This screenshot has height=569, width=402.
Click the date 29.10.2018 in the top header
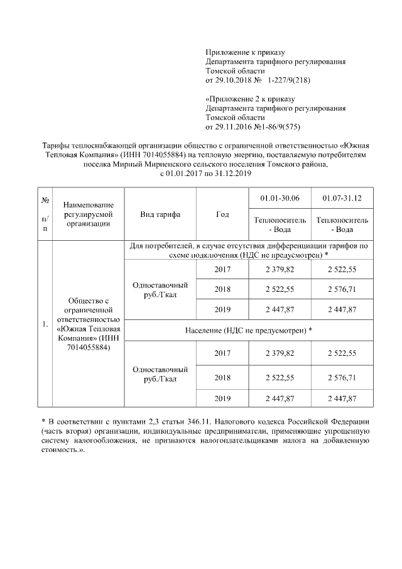tap(234, 81)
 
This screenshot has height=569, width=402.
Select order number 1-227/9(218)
tap(289, 81)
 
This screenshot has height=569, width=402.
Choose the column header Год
tap(222, 214)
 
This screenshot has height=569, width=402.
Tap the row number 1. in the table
tap(45, 324)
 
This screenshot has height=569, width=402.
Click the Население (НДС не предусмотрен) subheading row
tap(249, 330)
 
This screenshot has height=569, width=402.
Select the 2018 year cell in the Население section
tap(222, 378)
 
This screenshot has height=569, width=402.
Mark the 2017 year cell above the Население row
tap(222, 269)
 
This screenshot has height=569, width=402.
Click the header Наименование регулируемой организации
tap(89, 214)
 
